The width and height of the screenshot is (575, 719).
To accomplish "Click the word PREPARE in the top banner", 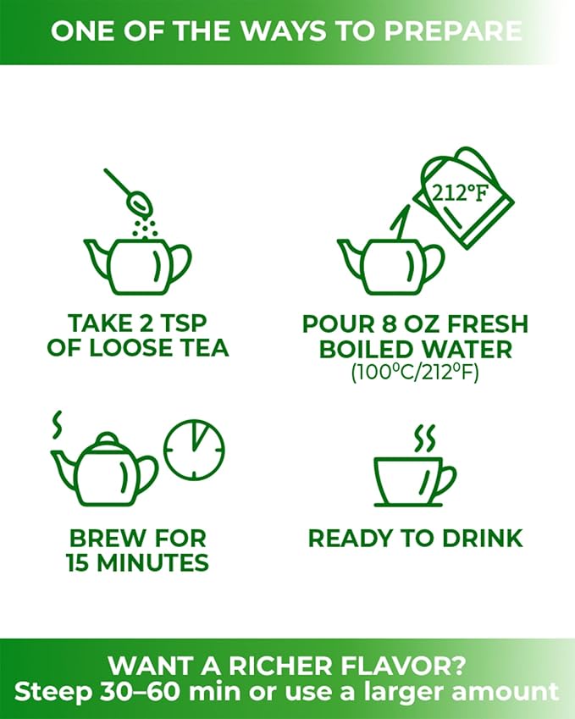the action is click(452, 30).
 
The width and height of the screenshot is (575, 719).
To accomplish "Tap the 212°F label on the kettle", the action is click(460, 193).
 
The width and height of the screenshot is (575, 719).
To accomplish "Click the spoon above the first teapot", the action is click(130, 192).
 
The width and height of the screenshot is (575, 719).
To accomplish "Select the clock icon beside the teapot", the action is click(195, 450).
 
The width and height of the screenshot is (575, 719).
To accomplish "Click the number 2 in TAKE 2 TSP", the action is click(146, 324).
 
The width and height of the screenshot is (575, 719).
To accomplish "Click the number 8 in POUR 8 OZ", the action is click(389, 324).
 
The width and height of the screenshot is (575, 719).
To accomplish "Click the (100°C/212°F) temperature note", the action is click(415, 373).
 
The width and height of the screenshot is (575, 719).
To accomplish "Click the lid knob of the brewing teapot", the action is click(107, 438).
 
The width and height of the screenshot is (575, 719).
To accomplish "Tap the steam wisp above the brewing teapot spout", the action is click(57, 424).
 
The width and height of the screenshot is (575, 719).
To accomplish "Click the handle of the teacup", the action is click(445, 483).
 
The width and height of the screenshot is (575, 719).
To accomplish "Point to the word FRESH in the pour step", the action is click(488, 324).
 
